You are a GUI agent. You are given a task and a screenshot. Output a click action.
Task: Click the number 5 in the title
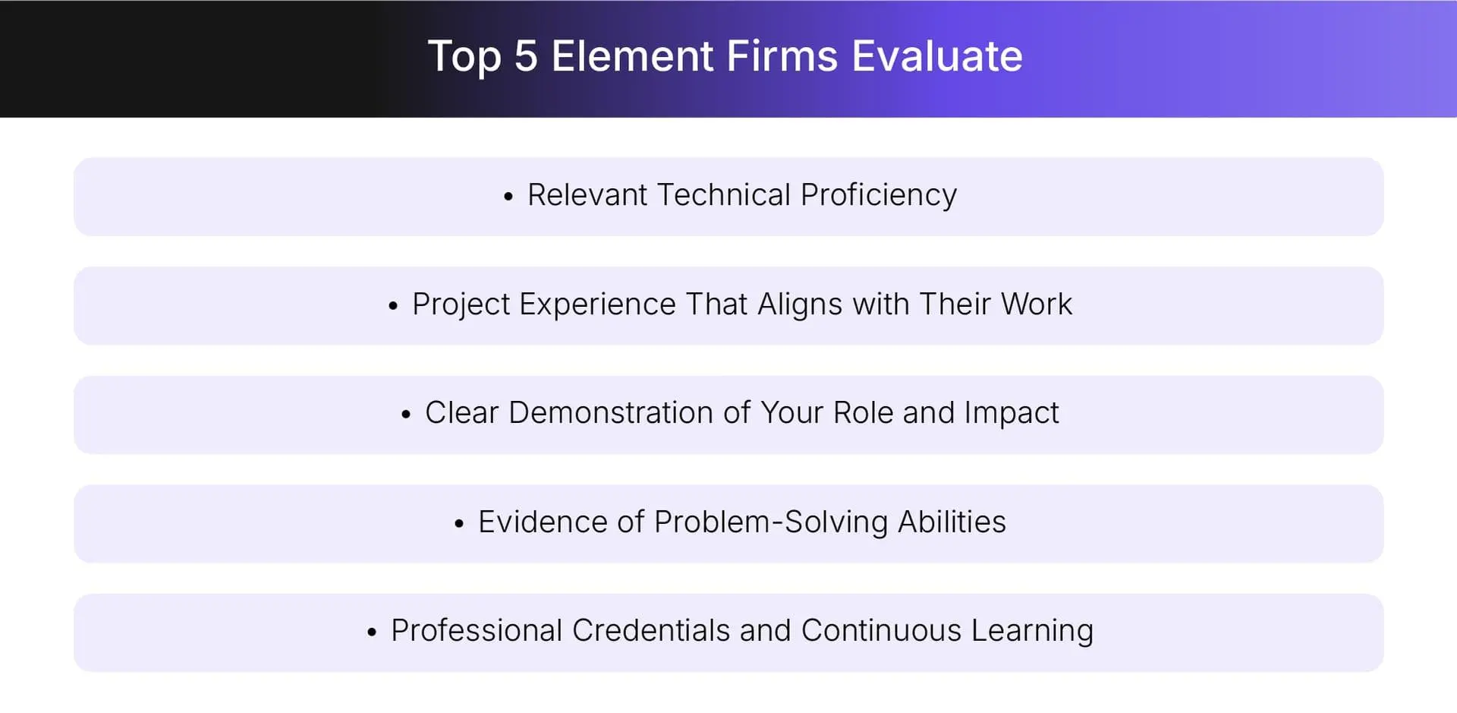click(525, 57)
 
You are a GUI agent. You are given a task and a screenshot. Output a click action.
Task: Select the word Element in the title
click(632, 57)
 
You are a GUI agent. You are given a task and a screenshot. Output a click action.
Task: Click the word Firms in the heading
click(782, 57)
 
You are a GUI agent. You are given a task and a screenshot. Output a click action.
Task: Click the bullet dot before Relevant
click(508, 197)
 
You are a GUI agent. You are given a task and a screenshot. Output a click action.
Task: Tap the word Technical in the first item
click(723, 195)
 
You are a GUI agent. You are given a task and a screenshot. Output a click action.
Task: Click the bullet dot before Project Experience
click(393, 307)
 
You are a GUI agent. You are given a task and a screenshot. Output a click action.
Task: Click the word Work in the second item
click(1036, 304)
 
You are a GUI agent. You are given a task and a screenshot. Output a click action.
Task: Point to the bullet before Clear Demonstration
click(406, 415)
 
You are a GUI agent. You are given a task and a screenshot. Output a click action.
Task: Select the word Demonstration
click(611, 413)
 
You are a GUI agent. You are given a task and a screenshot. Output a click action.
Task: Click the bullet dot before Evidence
click(459, 525)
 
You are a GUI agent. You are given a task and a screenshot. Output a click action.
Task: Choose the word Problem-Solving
click(770, 522)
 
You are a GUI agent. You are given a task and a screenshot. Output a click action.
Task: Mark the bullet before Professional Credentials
click(372, 633)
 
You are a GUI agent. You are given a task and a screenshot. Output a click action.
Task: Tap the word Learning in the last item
click(1032, 632)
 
